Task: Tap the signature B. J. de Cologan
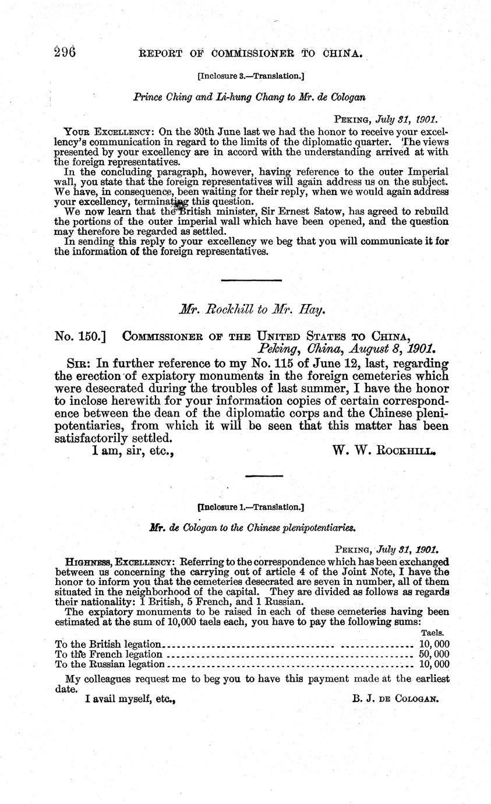(395, 698)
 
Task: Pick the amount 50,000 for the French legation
(434, 654)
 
